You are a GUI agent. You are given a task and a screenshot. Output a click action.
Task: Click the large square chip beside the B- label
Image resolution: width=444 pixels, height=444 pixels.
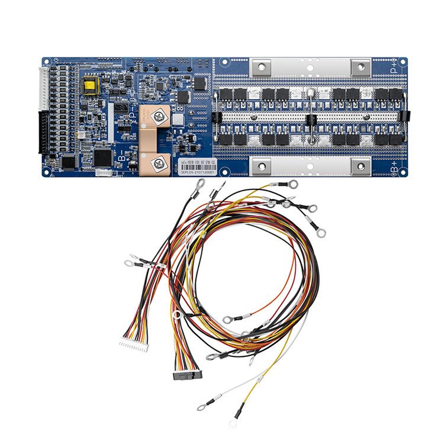coord(102,156)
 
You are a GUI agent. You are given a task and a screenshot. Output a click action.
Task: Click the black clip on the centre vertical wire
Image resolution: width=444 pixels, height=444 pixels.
coord(310,119)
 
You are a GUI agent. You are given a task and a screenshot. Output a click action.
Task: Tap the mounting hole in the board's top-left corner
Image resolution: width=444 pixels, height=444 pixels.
coord(46,60)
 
